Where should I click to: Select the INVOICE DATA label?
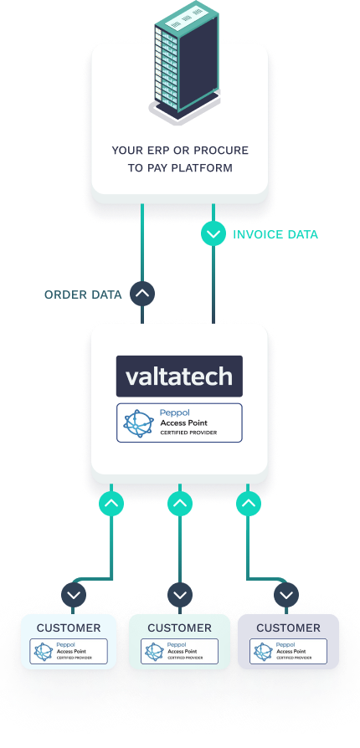point(275,235)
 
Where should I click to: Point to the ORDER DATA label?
point(83,295)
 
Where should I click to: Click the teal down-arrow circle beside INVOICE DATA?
point(213,235)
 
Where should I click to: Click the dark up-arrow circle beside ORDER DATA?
point(143,294)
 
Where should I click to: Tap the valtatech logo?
point(179,377)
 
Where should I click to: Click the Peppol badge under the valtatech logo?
point(179,423)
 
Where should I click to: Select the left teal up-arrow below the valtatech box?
point(111,504)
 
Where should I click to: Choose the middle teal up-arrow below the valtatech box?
point(180,504)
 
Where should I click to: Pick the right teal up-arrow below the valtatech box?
point(249,504)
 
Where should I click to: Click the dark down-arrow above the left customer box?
point(75,595)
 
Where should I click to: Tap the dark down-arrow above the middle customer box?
point(180,595)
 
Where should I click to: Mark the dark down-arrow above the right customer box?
point(287,595)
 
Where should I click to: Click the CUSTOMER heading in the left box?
point(69,628)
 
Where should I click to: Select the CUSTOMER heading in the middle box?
point(179,628)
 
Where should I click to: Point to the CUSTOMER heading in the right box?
point(288,628)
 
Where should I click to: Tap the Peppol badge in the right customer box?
point(288,652)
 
